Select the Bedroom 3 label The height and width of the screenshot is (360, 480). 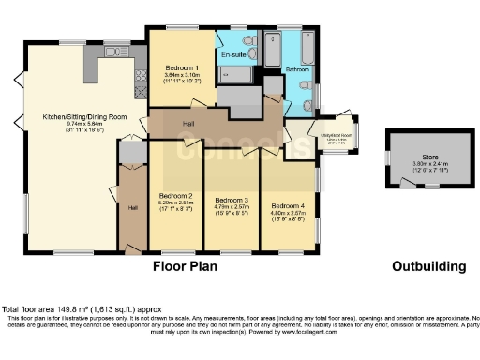click(232, 201)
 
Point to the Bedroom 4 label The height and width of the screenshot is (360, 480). click(288, 205)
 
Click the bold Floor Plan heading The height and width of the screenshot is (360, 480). click(186, 266)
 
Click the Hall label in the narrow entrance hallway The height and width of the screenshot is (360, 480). click(132, 206)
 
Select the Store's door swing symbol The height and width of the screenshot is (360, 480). click(411, 184)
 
